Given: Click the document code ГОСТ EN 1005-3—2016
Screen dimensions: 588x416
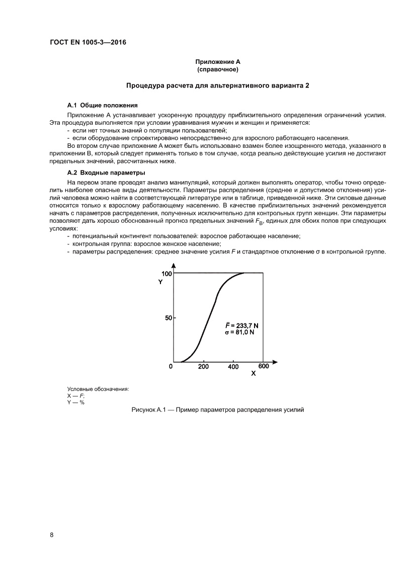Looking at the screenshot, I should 88,42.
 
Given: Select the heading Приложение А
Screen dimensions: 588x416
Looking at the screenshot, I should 217,62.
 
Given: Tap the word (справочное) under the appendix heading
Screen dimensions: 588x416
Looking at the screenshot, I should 217,69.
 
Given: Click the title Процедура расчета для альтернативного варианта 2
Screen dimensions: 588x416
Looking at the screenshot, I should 217,86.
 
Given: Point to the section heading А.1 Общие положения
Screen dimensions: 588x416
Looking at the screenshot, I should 102,106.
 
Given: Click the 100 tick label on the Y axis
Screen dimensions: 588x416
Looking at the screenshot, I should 167,274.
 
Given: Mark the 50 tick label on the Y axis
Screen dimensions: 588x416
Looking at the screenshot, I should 169,318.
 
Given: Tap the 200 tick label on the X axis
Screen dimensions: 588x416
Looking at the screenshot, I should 203,367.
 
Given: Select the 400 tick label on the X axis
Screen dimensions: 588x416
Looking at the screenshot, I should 233,367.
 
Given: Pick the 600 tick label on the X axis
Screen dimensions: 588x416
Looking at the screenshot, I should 264,366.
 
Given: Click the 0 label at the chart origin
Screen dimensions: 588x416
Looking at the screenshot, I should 171,366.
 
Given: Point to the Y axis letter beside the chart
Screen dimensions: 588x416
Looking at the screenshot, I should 160,282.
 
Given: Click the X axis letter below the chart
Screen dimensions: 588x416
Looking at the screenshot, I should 253,374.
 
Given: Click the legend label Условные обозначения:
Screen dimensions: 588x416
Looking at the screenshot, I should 98,389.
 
